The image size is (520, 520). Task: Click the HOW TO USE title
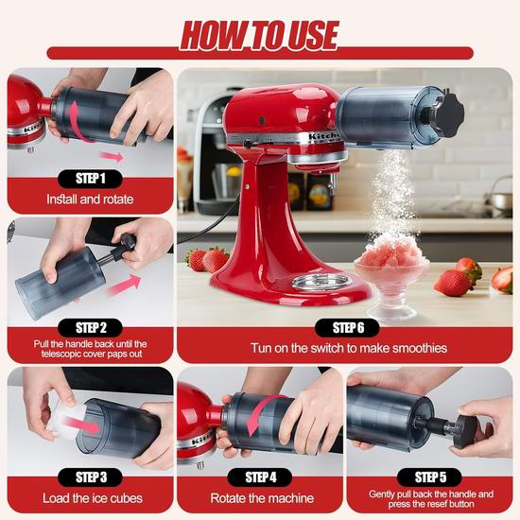(x=260, y=35)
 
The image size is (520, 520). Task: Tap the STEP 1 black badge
(x=90, y=179)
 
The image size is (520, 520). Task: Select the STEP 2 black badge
(x=90, y=328)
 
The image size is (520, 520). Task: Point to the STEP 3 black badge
(x=90, y=477)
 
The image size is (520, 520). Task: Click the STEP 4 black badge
(x=260, y=477)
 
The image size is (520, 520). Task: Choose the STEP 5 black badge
(x=430, y=477)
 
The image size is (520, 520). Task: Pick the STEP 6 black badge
(x=347, y=328)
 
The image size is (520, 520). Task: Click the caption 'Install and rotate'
(x=90, y=199)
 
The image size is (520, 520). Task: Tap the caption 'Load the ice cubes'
(x=93, y=498)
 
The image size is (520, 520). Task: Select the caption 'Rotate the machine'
(x=262, y=498)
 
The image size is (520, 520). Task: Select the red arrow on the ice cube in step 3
(x=81, y=425)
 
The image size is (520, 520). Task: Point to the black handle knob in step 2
(x=125, y=246)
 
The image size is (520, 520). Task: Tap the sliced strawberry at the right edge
(x=502, y=279)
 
